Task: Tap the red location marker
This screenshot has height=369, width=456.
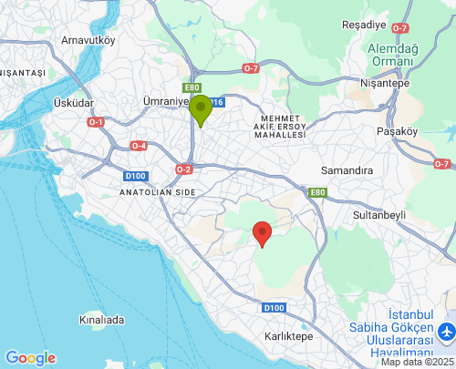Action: [262, 232]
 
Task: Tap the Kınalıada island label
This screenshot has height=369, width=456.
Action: [101, 321]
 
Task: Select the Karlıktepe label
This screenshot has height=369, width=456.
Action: [288, 336]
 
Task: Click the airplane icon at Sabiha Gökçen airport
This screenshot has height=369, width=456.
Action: [447, 331]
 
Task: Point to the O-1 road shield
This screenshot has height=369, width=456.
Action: [96, 121]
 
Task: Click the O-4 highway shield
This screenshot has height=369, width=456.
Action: [139, 146]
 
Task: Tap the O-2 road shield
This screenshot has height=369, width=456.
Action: [184, 169]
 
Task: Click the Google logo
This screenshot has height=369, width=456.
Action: [30, 358]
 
